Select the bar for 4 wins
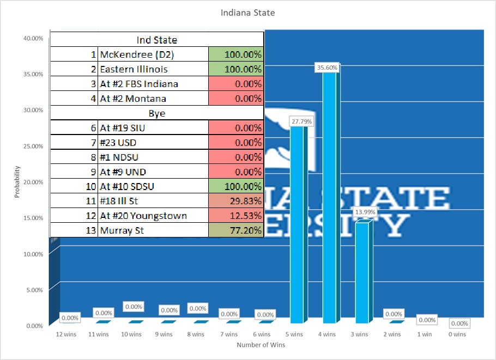(330, 196)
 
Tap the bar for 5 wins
(298, 223)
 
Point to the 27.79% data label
(301, 121)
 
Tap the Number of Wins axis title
(261, 345)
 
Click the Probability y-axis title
(17, 182)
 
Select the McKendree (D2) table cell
(153, 54)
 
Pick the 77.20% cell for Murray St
(236, 230)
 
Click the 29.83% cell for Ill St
(236, 201)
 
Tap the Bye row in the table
(157, 113)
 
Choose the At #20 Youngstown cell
(153, 216)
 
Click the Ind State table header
(157, 40)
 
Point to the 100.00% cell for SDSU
(236, 186)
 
